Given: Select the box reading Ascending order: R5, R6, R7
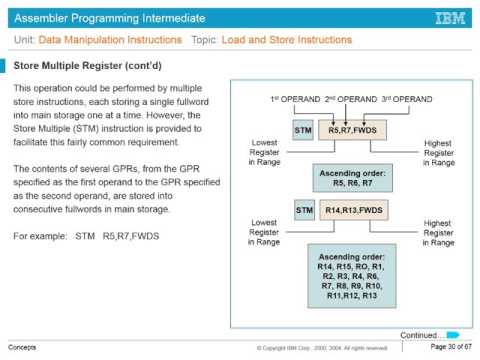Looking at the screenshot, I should tap(352, 177).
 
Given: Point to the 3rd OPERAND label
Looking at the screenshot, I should tap(407, 101).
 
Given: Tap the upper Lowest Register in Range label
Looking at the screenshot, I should tap(263, 152).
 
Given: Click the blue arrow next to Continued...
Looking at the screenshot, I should tap(453, 334).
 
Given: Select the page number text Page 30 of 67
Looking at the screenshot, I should tap(450, 347).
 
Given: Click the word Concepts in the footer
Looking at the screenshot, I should tap(22, 347).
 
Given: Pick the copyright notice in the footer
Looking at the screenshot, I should tap(321, 348).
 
